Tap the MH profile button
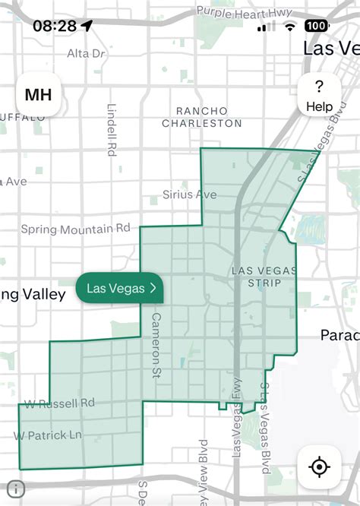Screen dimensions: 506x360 tap(39, 95)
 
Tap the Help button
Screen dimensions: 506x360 tap(319, 96)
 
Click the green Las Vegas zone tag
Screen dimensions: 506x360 tap(120, 288)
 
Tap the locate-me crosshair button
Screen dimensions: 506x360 tap(319, 466)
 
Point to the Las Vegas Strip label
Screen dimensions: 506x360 tap(256, 277)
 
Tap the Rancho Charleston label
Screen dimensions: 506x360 tap(202, 117)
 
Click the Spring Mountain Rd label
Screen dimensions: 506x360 tap(75, 229)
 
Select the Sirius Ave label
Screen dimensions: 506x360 tap(189, 194)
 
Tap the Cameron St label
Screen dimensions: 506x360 tap(156, 335)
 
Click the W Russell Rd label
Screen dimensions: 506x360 tap(59, 403)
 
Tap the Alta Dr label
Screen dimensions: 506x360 tap(86, 53)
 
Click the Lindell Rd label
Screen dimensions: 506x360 tap(112, 129)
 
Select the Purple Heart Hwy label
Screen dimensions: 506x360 tap(245, 11)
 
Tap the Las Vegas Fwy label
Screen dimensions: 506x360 tap(237, 426)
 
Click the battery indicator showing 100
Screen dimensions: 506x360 tap(317, 26)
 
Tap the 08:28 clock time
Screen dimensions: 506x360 tap(55, 26)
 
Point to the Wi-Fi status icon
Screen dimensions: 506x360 tap(289, 26)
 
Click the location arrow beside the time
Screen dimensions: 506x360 tap(87, 26)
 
